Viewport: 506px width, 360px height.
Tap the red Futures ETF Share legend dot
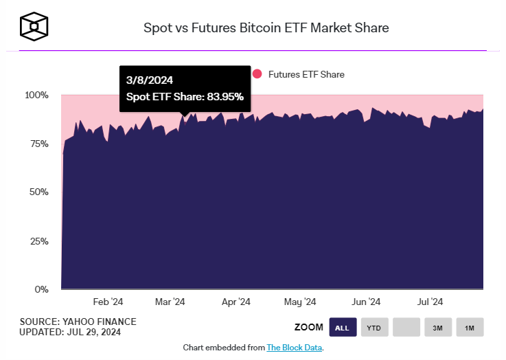(257, 74)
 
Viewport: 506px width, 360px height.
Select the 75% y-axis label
(38, 144)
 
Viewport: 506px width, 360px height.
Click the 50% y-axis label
(38, 192)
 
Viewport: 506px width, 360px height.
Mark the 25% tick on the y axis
(38, 241)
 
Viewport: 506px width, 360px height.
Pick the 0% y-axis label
(41, 289)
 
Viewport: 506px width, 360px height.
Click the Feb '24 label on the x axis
(108, 302)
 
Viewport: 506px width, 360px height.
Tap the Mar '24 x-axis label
(170, 302)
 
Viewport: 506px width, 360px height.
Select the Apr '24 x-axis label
(236, 302)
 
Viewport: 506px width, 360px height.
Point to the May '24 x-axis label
(300, 302)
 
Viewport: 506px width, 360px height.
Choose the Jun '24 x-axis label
(366, 302)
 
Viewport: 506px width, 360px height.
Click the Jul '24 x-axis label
(430, 302)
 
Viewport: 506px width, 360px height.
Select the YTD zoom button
(373, 328)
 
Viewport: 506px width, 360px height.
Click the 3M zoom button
(437, 328)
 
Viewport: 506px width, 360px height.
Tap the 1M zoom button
(470, 328)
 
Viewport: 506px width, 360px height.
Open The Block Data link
(294, 348)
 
